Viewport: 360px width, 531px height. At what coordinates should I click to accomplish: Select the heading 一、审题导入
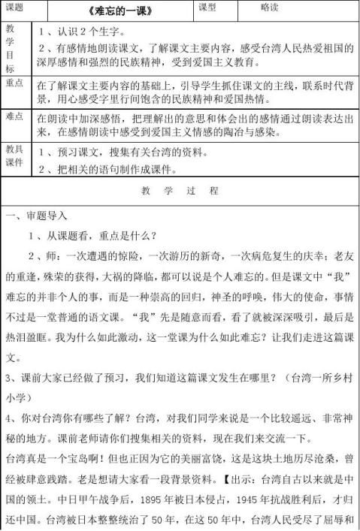(x=35, y=217)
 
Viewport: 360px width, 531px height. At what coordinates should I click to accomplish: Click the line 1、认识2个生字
(x=81, y=33)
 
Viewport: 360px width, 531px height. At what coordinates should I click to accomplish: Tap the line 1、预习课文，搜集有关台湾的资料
(x=123, y=152)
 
